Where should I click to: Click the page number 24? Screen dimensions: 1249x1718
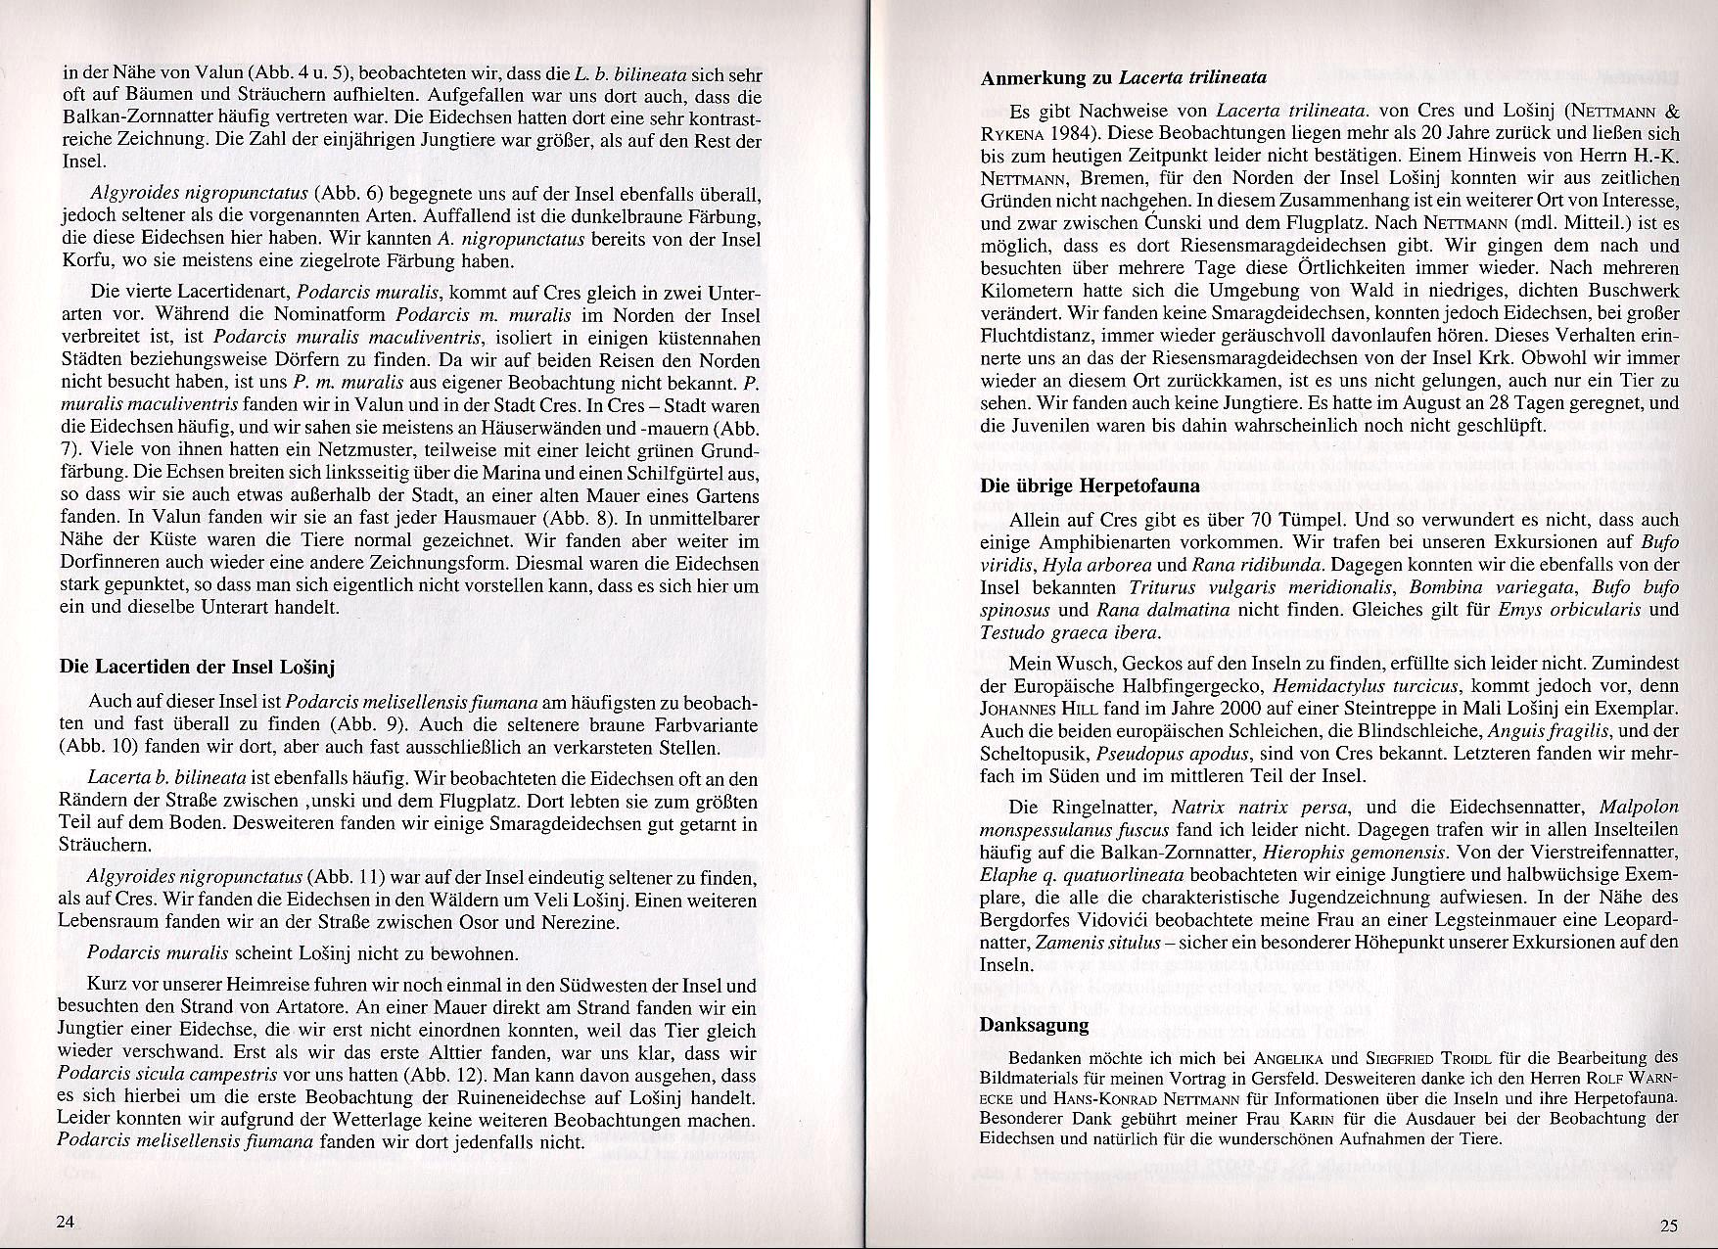pos(66,1222)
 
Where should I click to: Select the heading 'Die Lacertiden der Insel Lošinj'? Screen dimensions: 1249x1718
pos(197,667)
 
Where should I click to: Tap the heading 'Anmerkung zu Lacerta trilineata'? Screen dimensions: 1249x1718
pos(1124,77)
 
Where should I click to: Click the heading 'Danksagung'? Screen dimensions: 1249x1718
pos(1034,1025)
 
